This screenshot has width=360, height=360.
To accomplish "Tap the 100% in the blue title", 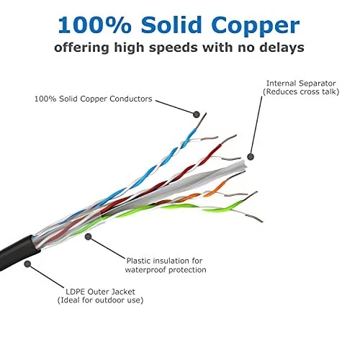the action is [x=94, y=24].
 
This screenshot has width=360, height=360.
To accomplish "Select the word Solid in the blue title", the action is [x=171, y=24].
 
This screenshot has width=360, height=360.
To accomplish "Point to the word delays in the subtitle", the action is [x=282, y=47].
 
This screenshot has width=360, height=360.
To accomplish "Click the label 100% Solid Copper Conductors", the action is [x=94, y=99].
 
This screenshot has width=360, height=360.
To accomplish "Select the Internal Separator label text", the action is [x=301, y=84].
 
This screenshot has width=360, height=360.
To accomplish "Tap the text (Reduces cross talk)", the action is [x=301, y=91].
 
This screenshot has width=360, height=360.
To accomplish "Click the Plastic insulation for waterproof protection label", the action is [x=166, y=265].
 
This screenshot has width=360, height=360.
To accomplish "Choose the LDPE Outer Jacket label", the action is [x=100, y=292].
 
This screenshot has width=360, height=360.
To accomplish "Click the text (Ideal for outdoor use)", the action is [x=100, y=300].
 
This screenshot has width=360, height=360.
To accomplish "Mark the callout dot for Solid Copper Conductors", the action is [x=197, y=114].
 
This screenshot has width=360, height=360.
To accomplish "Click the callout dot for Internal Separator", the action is [x=251, y=157].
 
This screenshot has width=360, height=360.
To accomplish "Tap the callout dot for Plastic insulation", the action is [x=89, y=237].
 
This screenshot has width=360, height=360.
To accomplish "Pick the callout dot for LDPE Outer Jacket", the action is [x=27, y=264].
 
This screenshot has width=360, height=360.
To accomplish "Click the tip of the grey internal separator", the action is [x=244, y=166].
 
